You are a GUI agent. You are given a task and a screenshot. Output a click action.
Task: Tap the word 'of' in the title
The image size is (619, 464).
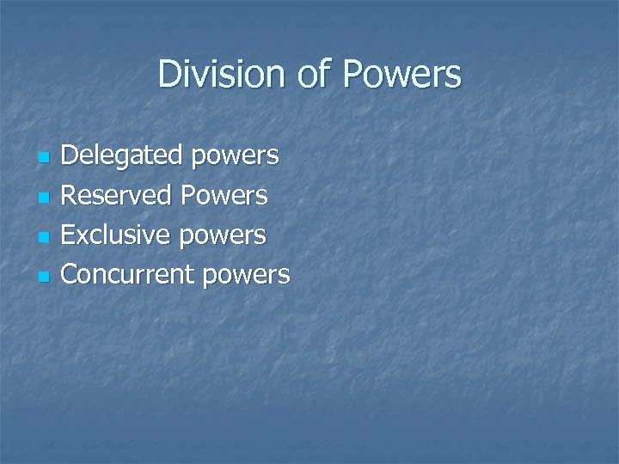coord(311,74)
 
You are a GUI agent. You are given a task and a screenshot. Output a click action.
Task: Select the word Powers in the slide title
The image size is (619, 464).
coord(401,74)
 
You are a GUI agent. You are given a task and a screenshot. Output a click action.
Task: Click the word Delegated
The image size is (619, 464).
coord(123,156)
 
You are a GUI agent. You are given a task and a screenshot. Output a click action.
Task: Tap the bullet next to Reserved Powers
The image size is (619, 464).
coord(44,198)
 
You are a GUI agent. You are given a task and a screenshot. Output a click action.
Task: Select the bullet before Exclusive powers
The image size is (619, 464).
coord(44,238)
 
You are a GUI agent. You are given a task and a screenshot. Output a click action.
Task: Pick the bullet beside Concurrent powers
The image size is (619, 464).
coord(44,278)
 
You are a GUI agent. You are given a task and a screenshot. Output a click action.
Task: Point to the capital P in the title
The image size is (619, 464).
coord(352,74)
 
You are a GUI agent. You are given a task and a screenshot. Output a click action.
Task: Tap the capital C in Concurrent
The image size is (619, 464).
coord(70,274)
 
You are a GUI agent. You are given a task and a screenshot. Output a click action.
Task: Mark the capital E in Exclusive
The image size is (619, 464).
coord(70,235)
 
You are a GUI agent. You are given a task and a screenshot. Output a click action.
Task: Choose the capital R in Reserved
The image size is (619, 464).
coord(70,195)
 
